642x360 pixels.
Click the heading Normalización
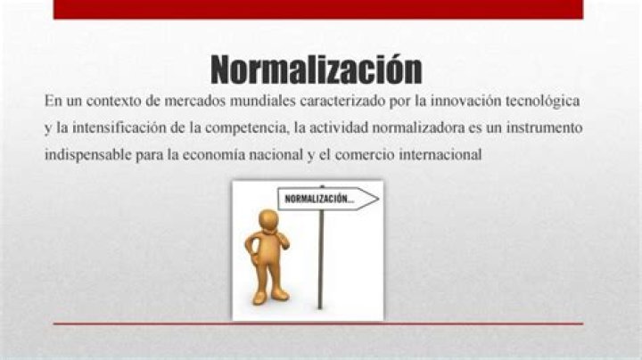[x=317, y=68]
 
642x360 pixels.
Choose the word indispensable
[x=86, y=154]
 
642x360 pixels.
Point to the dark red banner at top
[x=317, y=9]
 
